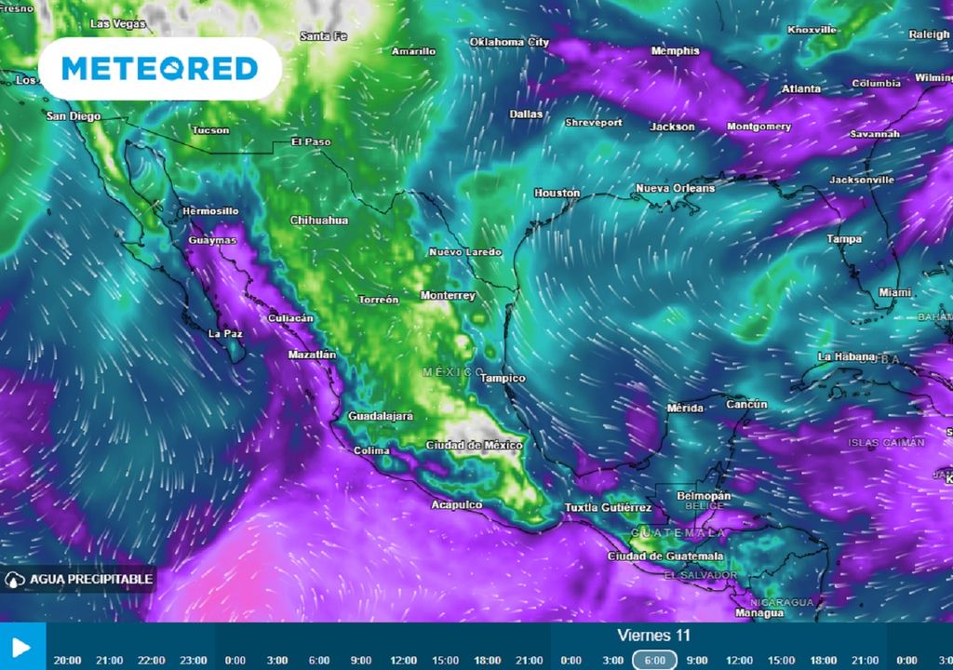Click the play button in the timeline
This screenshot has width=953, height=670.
pyautogui.click(x=22, y=647)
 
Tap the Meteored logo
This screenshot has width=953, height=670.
pyautogui.click(x=160, y=69)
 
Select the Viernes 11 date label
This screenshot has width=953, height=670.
pyautogui.click(x=653, y=636)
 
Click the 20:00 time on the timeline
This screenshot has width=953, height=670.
pyautogui.click(x=67, y=661)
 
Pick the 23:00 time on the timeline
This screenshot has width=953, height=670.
pyautogui.click(x=194, y=661)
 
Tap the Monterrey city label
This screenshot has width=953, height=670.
pyautogui.click(x=448, y=296)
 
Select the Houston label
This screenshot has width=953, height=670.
pyautogui.click(x=557, y=194)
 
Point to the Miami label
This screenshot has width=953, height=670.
pyautogui.click(x=894, y=293)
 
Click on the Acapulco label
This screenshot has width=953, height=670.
pyautogui.click(x=456, y=505)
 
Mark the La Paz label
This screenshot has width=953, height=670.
pyautogui.click(x=225, y=333)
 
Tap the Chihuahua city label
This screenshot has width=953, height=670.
pyautogui.click(x=319, y=221)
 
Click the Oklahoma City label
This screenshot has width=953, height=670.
pyautogui.click(x=509, y=43)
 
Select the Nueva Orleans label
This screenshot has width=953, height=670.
pyautogui.click(x=675, y=189)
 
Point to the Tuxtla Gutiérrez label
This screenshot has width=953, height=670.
pyautogui.click(x=608, y=508)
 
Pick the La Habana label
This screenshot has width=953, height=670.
pyautogui.click(x=845, y=356)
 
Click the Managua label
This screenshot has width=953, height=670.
pyautogui.click(x=758, y=613)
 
